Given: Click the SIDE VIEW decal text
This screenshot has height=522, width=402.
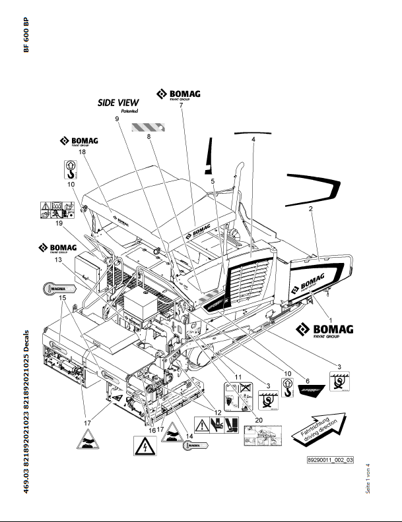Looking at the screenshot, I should (118, 103).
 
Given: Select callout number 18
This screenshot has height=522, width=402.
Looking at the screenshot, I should (83, 152).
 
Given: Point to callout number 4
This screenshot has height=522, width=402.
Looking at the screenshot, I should (253, 139).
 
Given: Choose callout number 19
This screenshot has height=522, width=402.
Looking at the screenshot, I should (77, 224).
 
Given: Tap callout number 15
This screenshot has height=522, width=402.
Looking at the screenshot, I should (63, 298).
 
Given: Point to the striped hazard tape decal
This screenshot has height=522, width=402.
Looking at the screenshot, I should (144, 127).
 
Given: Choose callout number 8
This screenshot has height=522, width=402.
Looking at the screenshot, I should (149, 136).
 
